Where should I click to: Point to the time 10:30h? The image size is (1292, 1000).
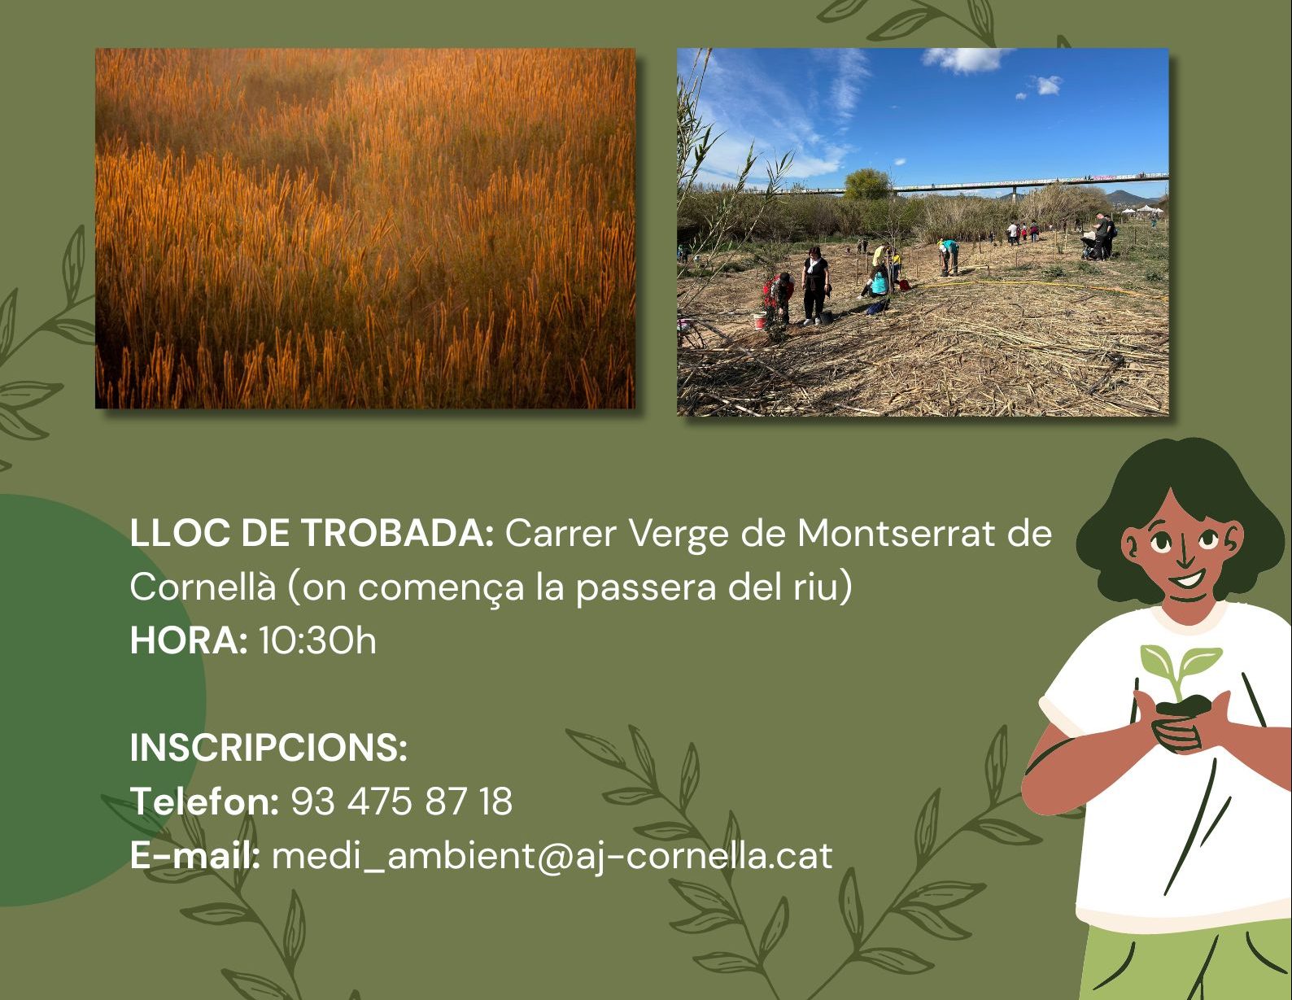click(x=317, y=640)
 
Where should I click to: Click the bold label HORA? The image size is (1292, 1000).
click(x=189, y=640)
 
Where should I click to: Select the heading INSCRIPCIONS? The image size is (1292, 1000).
click(x=268, y=747)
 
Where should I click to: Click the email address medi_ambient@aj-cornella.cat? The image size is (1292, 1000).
click(x=552, y=856)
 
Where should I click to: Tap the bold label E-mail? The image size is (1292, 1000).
click(x=195, y=855)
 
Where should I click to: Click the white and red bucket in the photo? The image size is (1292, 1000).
click(x=759, y=321)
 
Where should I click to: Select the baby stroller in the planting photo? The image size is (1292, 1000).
click(x=1089, y=247)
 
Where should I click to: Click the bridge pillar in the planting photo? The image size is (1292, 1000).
click(x=1015, y=194)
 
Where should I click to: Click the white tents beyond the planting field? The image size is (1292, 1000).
click(x=1141, y=210)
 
